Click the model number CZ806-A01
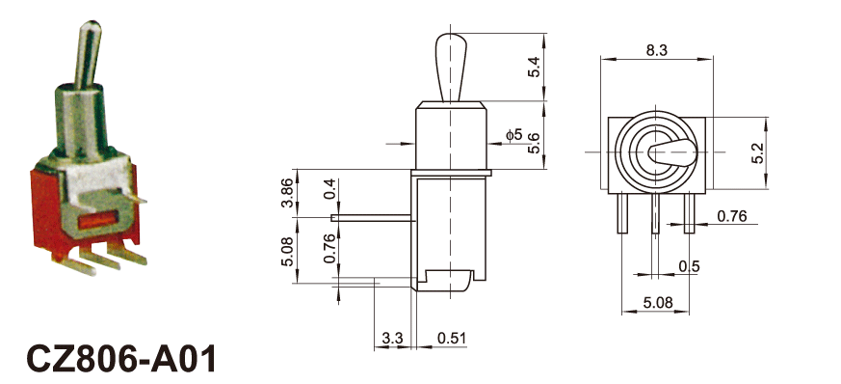(x=120, y=358)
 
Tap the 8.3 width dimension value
(x=656, y=50)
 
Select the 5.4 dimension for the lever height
(x=535, y=67)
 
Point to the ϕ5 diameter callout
(x=513, y=134)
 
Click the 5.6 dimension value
(x=535, y=144)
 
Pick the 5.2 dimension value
(x=774, y=153)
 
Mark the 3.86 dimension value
(x=287, y=193)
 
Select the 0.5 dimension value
(x=689, y=266)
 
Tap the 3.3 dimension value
(x=392, y=339)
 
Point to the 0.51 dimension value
(x=452, y=339)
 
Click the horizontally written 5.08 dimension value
(x=658, y=302)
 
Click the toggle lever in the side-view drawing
(x=451, y=68)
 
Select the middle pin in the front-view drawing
(x=655, y=213)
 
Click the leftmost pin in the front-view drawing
(x=622, y=213)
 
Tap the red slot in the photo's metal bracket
(x=97, y=220)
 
